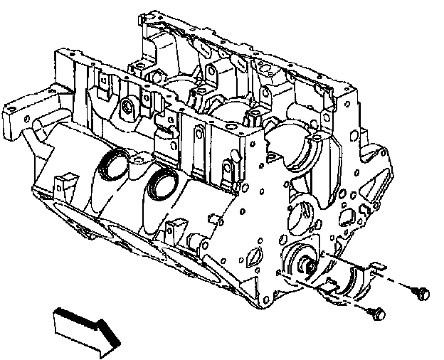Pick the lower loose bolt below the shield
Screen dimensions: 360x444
click(377, 313)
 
